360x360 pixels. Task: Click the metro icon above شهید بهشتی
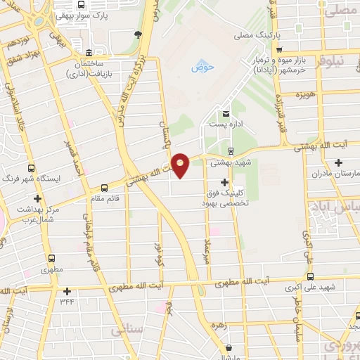click(231, 150)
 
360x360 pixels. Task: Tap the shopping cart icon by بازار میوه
click(280, 49)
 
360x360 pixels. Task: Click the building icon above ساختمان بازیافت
click(88, 54)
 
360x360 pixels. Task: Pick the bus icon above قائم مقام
click(105, 187)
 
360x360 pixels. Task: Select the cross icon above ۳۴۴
click(67, 291)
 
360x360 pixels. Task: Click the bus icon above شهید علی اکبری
click(309, 276)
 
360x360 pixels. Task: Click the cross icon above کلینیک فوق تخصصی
click(244, 182)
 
